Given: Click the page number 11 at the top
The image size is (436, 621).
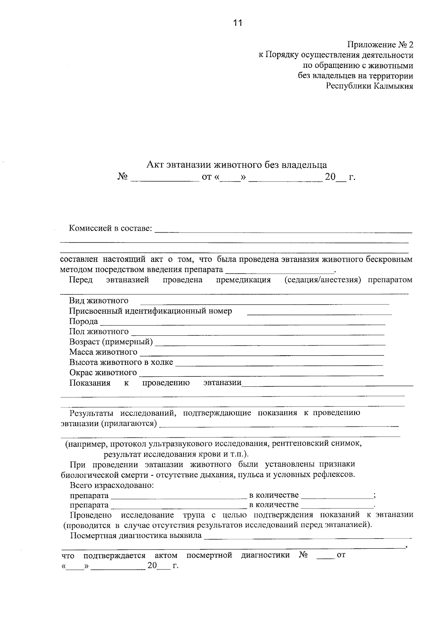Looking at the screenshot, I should coord(237,23).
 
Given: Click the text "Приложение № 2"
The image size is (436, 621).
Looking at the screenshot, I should coord(380,45).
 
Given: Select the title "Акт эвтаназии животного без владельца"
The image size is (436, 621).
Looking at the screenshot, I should coord(237,165).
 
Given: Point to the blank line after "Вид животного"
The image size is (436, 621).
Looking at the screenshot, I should coord(265,302).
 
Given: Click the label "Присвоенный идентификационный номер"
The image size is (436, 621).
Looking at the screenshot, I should coord(150,311).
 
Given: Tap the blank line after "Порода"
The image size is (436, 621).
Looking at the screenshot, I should coord(242,323).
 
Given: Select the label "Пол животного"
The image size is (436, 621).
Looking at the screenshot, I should coord(99,331).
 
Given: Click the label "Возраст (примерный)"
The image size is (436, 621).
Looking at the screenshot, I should coord(111,342).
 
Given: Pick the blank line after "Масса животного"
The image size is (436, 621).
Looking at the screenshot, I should coord(262,354).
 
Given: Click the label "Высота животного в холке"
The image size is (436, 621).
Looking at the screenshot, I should coord(121,362).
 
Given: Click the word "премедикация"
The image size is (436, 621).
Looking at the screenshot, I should coord(243,280).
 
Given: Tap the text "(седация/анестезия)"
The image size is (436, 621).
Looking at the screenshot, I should coord(323,280).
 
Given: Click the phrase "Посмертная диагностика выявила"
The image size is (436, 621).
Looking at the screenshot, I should coord(136,536).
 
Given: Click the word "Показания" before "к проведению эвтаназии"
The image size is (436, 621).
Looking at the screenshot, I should coord(90,383).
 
